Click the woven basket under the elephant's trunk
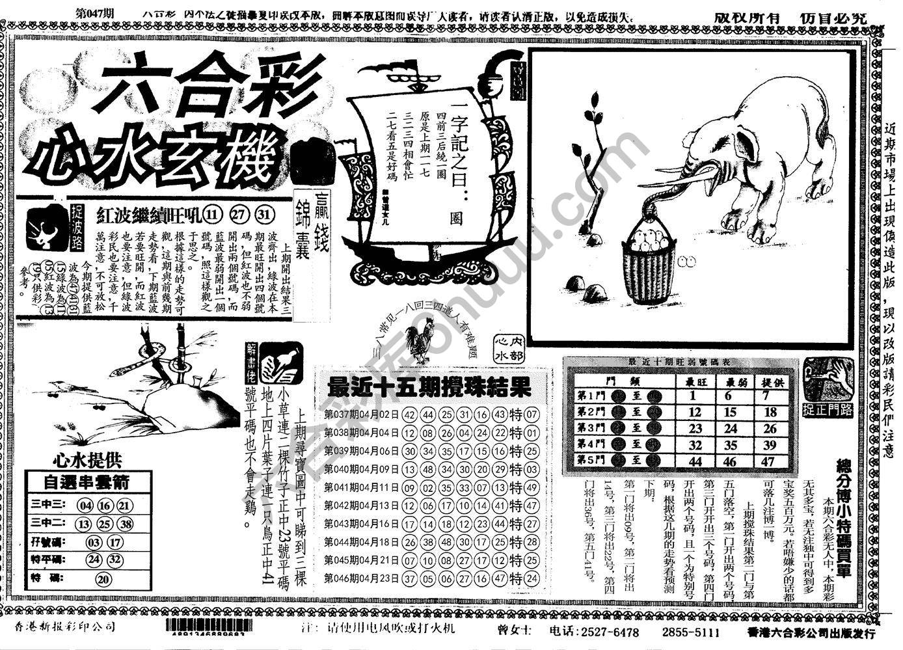pos(649,265)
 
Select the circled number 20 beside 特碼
pos(103,580)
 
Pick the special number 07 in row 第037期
pos(531,414)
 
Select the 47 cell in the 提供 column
pos(770,461)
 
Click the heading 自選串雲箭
pos(87,482)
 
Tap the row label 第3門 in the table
pos(591,429)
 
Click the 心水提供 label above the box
pos(87,461)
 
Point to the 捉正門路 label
pos(828,409)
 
